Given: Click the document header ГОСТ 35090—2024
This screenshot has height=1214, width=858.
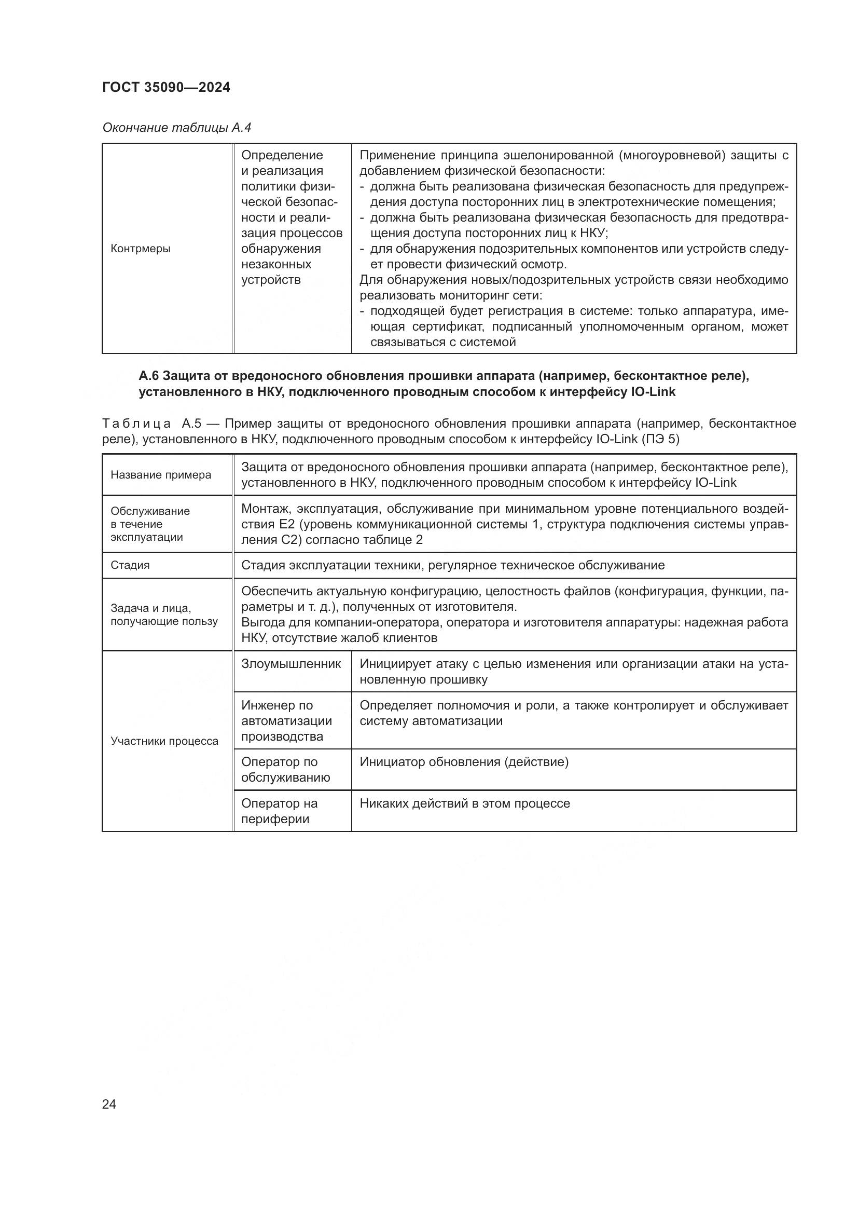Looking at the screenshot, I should [167, 88].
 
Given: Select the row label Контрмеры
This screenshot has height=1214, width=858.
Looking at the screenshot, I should [141, 249].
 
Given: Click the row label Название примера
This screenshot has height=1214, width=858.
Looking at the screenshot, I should [161, 475].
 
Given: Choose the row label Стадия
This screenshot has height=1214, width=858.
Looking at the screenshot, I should [130, 565].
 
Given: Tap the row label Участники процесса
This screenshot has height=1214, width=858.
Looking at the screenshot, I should [164, 741].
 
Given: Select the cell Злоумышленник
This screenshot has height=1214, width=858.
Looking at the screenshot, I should [291, 664].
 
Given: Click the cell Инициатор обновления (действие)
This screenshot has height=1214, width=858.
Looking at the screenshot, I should [464, 762].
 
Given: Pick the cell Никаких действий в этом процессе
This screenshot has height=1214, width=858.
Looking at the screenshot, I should [465, 803].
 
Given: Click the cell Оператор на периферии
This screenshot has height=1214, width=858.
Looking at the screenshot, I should [280, 811].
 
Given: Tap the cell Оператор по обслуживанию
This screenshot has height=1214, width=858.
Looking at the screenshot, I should [285, 769].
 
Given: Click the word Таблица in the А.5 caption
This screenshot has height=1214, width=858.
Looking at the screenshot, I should [136, 424].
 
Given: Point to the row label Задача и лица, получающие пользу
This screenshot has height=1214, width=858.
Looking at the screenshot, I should [164, 615].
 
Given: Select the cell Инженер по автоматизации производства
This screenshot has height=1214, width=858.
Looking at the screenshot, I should [286, 721].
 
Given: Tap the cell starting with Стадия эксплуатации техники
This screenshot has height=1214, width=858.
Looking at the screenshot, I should [453, 565].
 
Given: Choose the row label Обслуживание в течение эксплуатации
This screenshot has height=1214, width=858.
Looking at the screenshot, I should [150, 524].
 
